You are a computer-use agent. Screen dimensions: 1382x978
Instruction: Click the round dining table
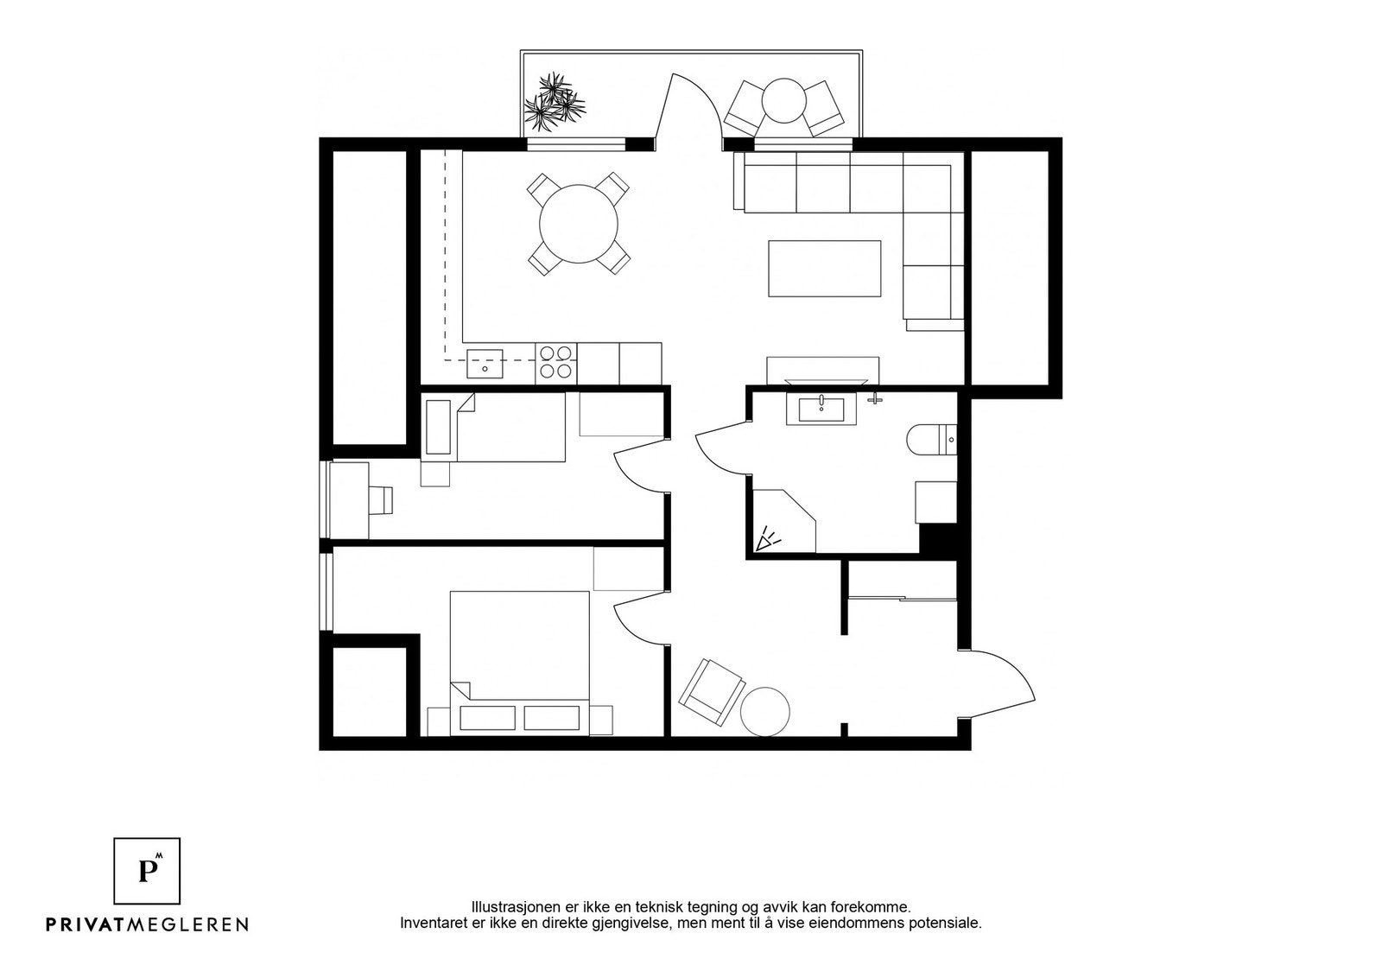click(578, 224)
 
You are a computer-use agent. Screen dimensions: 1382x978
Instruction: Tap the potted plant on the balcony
click(554, 103)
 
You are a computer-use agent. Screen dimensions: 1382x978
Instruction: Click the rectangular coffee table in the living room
click(824, 269)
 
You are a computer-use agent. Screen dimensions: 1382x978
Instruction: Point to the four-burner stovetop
click(555, 362)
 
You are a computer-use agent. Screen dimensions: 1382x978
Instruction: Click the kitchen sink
click(485, 364)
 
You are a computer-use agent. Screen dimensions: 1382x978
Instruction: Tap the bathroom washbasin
click(821, 408)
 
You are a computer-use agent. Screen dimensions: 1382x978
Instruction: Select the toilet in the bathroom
click(931, 440)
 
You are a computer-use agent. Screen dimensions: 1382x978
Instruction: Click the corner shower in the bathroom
click(784, 521)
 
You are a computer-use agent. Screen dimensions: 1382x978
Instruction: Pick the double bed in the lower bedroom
click(519, 663)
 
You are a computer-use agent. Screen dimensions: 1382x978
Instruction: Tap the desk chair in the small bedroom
click(381, 499)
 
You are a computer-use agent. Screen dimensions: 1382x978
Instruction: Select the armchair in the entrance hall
click(712, 692)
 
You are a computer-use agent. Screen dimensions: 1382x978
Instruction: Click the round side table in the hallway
click(765, 711)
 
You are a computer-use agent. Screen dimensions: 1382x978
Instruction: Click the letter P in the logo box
click(146, 871)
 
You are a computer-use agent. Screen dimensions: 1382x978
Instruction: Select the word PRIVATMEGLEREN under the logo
click(148, 924)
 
